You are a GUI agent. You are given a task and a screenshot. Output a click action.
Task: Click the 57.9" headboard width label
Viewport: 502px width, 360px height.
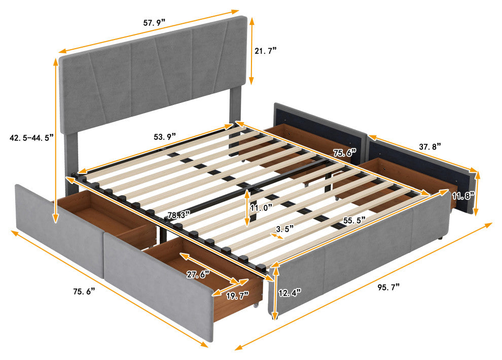pyautogui.click(x=154, y=23)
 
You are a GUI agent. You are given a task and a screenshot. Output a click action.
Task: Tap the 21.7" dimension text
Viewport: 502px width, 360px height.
pyautogui.click(x=265, y=51)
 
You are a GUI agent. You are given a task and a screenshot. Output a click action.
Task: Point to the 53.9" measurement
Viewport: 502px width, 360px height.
pyautogui.click(x=165, y=137)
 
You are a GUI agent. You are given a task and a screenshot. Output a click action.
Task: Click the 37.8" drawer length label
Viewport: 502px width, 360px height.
pyautogui.click(x=430, y=147)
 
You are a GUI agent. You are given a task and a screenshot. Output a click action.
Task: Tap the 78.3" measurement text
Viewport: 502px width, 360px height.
pyautogui.click(x=179, y=215)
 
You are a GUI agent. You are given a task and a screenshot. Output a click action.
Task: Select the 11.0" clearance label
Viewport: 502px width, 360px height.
pyautogui.click(x=262, y=208)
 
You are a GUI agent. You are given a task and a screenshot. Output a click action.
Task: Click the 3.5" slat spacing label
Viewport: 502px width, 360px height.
pyautogui.click(x=285, y=229)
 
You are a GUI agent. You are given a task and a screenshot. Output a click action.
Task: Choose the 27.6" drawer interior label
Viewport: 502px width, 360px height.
pyautogui.click(x=198, y=274)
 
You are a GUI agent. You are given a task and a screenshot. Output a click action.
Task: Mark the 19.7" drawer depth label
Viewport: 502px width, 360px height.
pyautogui.click(x=237, y=296)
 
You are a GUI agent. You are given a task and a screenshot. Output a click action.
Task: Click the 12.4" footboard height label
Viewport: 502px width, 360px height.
pyautogui.click(x=290, y=293)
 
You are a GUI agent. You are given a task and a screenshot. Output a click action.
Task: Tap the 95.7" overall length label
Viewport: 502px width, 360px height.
pyautogui.click(x=388, y=287)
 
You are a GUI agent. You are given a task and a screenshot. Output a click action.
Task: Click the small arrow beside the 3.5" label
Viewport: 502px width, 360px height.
pyautogui.click(x=277, y=236)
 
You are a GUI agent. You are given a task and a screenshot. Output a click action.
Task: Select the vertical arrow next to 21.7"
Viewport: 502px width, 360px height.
pyautogui.click(x=252, y=51)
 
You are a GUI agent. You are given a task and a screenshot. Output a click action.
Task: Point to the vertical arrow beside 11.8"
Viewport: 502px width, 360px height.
pyautogui.click(x=477, y=193)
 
